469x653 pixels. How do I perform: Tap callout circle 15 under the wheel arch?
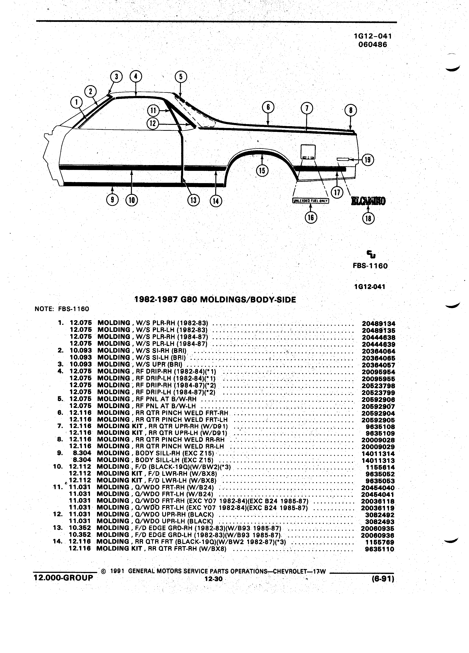pyautogui.click(x=262, y=171)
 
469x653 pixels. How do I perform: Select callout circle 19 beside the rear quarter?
pyautogui.click(x=368, y=160)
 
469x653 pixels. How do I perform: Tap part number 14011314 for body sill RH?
pyautogui.click(x=378, y=454)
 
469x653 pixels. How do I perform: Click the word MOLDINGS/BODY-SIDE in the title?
pyautogui.click(x=248, y=300)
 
